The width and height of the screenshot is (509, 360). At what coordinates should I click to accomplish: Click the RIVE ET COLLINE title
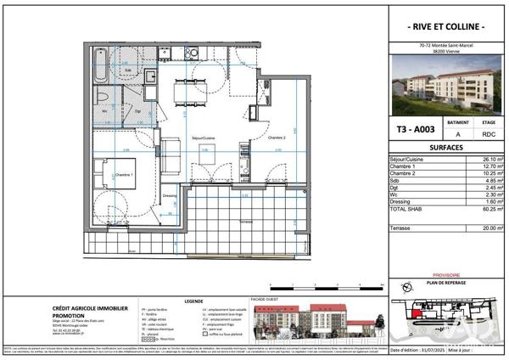coord(447,27)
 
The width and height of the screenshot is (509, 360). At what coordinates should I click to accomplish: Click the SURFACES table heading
coord(447,147)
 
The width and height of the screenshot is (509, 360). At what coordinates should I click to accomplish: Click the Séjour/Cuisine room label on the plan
coord(204,138)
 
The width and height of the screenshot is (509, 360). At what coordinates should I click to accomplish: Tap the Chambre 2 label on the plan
coord(277,137)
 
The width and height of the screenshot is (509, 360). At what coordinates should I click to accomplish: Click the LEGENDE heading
coord(193,300)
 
